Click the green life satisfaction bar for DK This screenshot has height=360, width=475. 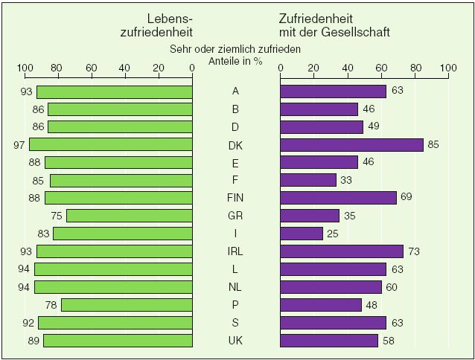pyautogui.click(x=111, y=145)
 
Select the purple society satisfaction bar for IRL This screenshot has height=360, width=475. pyautogui.click(x=342, y=251)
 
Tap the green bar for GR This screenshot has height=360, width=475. pyautogui.click(x=130, y=216)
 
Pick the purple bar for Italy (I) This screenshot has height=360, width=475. pyautogui.click(x=302, y=234)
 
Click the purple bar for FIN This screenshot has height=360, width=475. pyautogui.click(x=338, y=198)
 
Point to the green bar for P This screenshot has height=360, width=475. pyautogui.click(x=127, y=305)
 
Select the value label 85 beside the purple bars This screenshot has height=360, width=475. pyautogui.click(x=433, y=145)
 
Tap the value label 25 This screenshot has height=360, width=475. pyautogui.click(x=333, y=234)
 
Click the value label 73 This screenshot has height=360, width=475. pyautogui.click(x=413, y=251)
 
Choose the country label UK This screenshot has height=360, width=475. pyautogui.click(x=236, y=341)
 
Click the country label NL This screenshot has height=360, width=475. pyautogui.click(x=236, y=287)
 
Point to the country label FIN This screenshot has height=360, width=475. pyautogui.click(x=236, y=198)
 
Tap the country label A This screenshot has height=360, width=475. pyautogui.click(x=236, y=91)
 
